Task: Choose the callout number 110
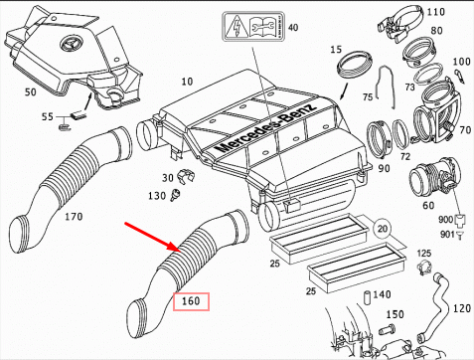click(x=434, y=11)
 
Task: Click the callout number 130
click(x=157, y=198)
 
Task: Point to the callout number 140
click(x=383, y=295)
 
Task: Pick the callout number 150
click(x=393, y=315)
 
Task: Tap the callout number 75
click(x=367, y=96)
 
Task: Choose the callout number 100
click(x=461, y=62)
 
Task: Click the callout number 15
click(x=336, y=49)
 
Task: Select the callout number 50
click(x=30, y=92)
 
